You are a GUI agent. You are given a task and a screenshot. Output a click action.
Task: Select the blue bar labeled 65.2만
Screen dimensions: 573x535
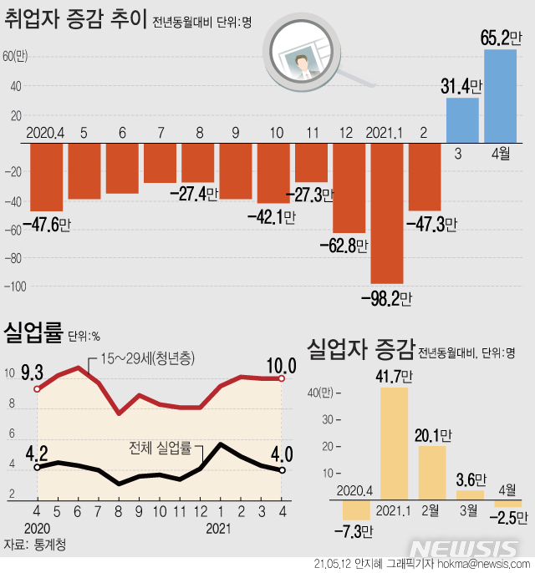click(500, 96)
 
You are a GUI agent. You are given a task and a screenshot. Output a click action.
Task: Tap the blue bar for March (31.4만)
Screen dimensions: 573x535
click(462, 120)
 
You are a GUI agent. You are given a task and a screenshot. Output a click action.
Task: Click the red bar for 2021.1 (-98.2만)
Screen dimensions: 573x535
click(386, 213)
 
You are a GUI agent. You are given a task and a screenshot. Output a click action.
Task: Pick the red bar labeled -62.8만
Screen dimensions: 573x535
click(349, 188)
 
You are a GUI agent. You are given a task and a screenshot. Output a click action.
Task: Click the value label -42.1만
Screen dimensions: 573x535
click(272, 216)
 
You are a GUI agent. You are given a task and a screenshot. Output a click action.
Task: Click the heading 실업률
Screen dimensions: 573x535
click(33, 334)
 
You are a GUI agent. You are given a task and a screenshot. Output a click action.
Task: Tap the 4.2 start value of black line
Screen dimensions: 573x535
click(36, 454)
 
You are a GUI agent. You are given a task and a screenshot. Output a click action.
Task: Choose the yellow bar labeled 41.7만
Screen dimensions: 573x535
click(395, 444)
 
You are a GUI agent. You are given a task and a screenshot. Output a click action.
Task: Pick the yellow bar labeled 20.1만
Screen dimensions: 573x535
click(432, 473)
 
